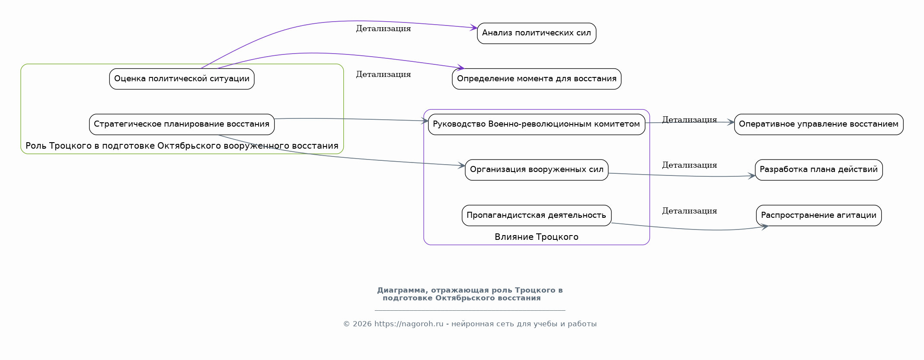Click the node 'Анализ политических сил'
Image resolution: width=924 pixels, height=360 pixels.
(537, 33)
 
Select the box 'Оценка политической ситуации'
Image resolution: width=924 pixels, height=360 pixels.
(182, 79)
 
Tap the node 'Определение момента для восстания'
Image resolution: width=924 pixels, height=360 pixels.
(537, 79)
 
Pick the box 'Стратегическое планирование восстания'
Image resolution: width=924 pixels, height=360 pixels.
(182, 124)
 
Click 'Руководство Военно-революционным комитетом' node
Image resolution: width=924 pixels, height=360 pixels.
(537, 124)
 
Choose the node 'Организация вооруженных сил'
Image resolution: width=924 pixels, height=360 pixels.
(537, 170)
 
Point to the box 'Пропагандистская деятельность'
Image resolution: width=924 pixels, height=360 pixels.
(537, 215)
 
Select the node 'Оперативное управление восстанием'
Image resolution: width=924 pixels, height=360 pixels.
(818, 124)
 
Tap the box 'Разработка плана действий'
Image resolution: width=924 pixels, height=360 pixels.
(818, 170)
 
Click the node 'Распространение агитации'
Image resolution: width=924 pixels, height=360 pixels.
(818, 215)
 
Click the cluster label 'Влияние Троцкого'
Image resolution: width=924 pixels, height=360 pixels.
(537, 237)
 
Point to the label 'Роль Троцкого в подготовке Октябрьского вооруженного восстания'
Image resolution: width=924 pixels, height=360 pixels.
(182, 146)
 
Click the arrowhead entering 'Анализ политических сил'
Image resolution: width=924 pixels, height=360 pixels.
(474, 28)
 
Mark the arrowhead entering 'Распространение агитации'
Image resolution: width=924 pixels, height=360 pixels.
(764, 226)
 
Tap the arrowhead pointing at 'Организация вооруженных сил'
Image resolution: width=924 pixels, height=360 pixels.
(461, 166)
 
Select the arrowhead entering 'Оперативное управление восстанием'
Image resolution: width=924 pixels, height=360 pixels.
(730, 122)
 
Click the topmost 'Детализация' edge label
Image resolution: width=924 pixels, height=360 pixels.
(384, 29)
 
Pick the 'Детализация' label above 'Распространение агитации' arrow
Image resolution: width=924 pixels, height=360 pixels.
(690, 211)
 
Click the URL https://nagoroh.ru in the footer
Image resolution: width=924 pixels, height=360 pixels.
(409, 324)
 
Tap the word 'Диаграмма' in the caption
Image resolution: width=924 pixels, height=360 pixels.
(401, 290)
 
